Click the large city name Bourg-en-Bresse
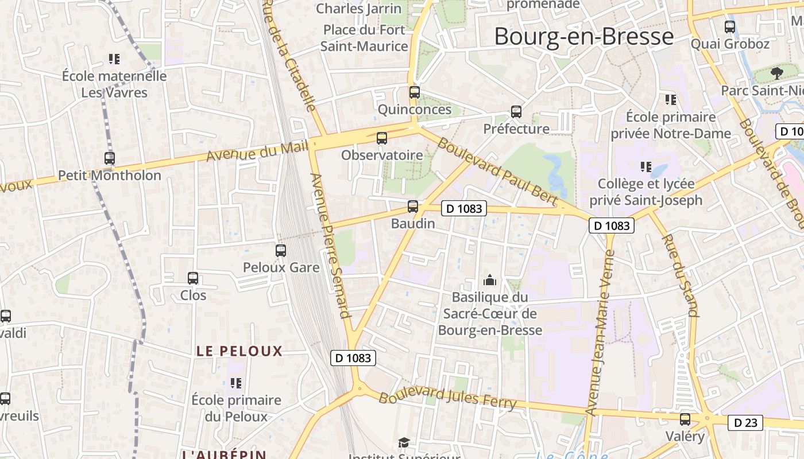(583, 37)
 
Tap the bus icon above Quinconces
(414, 92)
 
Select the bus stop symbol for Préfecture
(516, 112)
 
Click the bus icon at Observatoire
(382, 138)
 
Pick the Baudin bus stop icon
(413, 207)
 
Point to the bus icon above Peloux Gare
(281, 251)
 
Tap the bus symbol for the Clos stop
(193, 278)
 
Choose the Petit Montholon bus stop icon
(110, 158)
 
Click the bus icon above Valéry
(685, 419)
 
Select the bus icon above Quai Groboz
(730, 27)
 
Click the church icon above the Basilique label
(490, 280)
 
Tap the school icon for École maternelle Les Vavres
(114, 59)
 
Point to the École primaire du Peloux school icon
(236, 383)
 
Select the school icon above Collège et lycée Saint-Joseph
(646, 167)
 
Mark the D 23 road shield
(746, 423)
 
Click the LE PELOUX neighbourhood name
(239, 351)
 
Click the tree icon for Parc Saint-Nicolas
(777, 73)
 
